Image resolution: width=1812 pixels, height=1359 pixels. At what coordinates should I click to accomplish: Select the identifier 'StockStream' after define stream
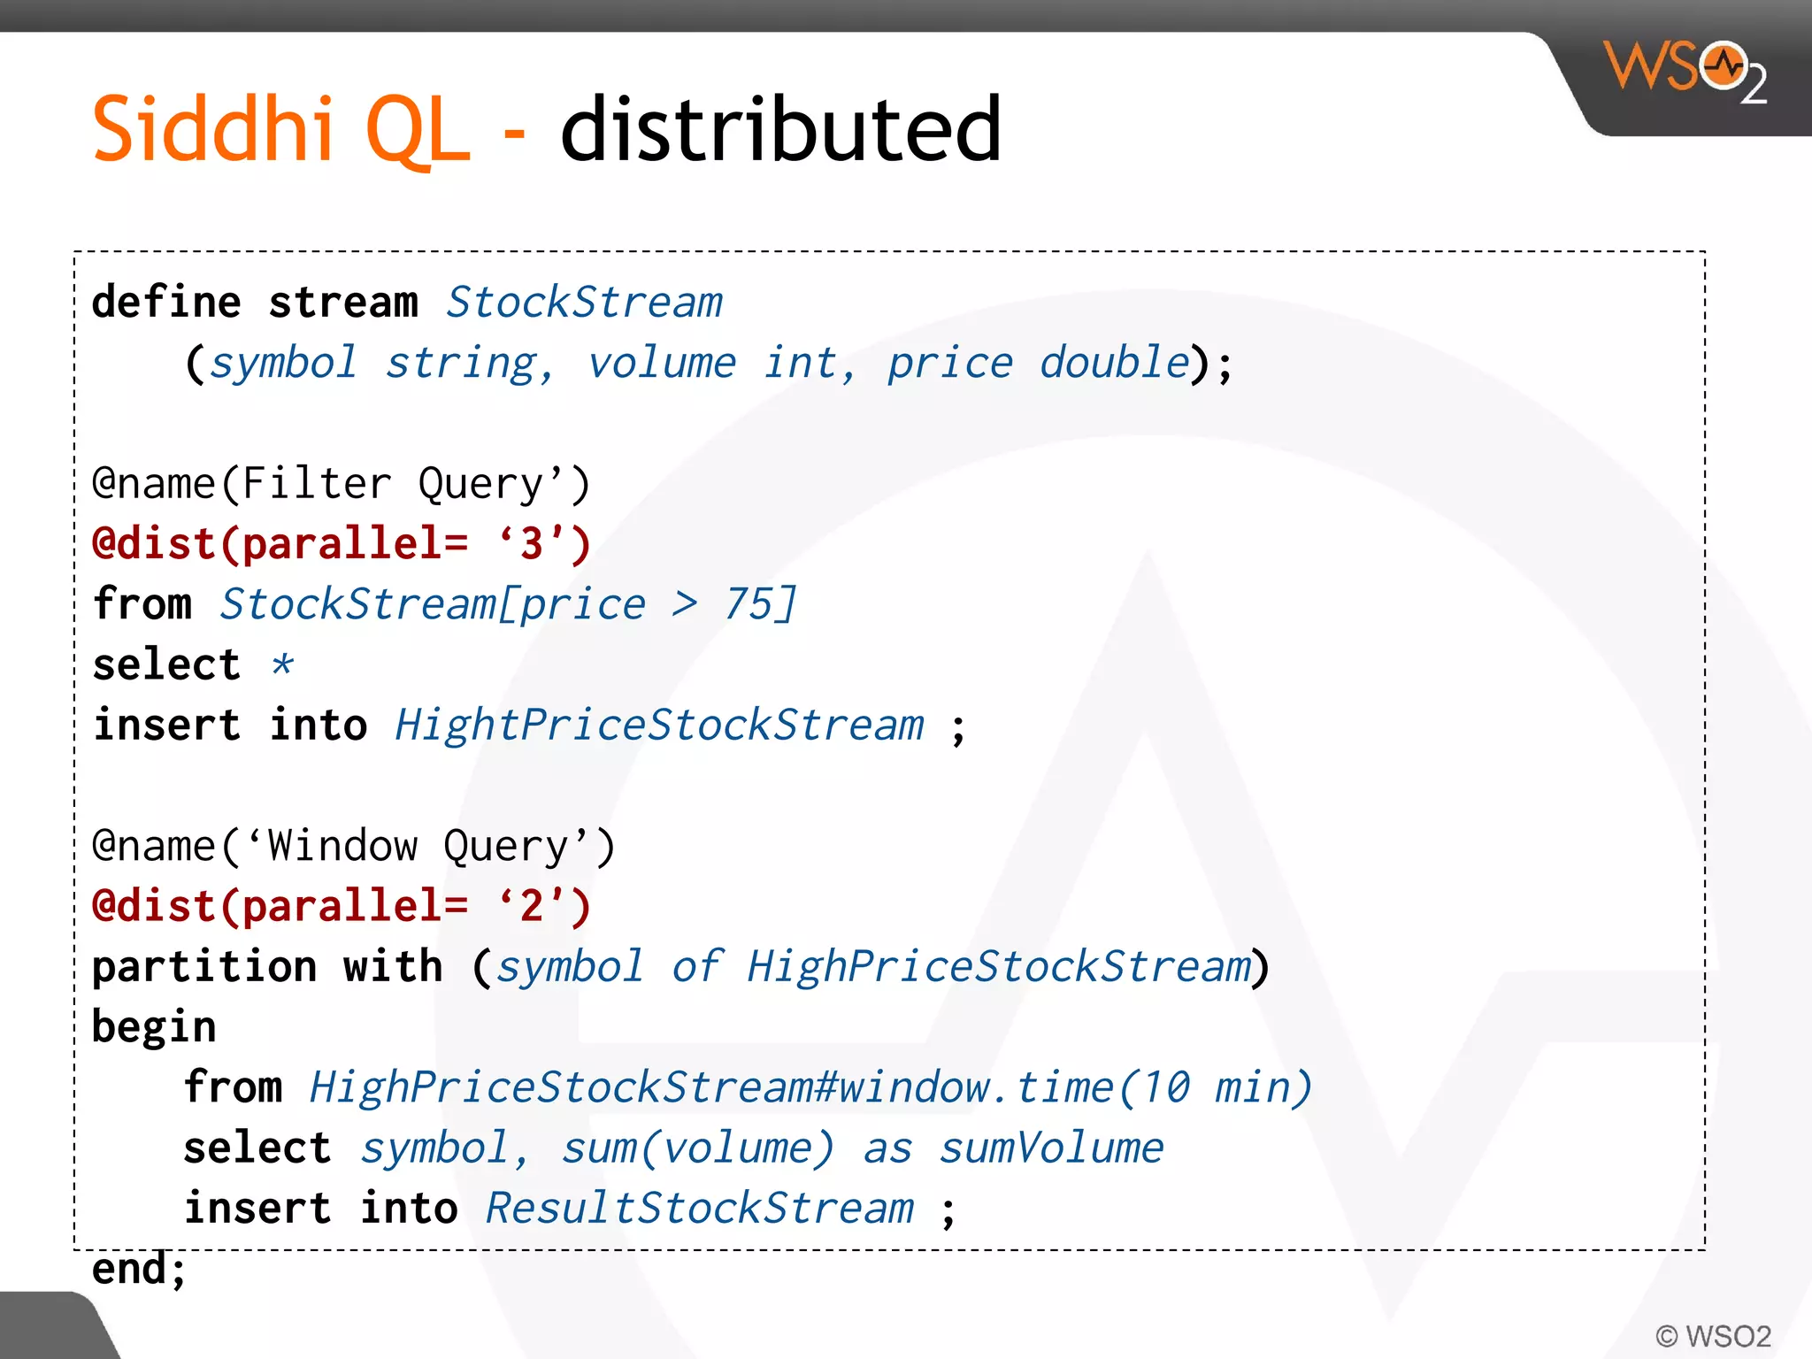pyautogui.click(x=584, y=303)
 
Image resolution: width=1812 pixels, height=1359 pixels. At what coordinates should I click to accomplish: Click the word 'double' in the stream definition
pyautogui.click(x=1114, y=363)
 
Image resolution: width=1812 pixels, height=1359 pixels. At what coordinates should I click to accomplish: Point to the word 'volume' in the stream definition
pyautogui.click(x=662, y=363)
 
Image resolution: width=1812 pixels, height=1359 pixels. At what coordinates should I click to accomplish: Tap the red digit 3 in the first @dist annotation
pyautogui.click(x=532, y=543)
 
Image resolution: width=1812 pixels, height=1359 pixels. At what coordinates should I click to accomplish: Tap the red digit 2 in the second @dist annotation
pyautogui.click(x=532, y=906)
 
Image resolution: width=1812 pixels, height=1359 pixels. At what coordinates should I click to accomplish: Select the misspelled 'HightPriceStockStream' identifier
pyautogui.click(x=659, y=726)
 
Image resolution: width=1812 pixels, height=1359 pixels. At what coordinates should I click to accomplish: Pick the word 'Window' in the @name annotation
pyautogui.click(x=342, y=846)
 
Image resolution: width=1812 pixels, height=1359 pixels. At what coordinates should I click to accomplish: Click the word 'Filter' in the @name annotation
pyautogui.click(x=316, y=484)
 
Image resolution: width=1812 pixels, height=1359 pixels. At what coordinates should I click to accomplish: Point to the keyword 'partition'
pyautogui.click(x=204, y=966)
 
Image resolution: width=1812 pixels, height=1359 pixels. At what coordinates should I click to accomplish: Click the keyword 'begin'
pyautogui.click(x=154, y=1027)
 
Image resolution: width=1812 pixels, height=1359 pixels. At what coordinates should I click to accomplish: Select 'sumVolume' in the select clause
pyautogui.click(x=1051, y=1148)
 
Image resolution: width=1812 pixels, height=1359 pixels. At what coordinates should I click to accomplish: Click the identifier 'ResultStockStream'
pyautogui.click(x=700, y=1209)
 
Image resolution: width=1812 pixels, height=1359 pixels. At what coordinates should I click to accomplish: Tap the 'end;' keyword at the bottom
pyautogui.click(x=139, y=1269)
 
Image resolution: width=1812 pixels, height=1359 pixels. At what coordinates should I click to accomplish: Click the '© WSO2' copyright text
pyautogui.click(x=1714, y=1335)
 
